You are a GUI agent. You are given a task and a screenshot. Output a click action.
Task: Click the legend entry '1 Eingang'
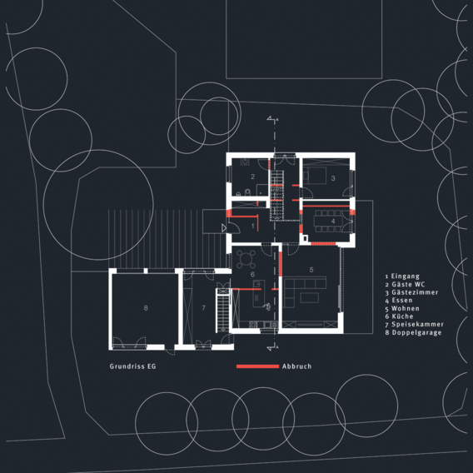click(x=403, y=276)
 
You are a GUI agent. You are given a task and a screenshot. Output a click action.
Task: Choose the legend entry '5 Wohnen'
click(x=403, y=309)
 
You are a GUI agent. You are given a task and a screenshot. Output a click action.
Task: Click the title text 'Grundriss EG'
click(x=132, y=366)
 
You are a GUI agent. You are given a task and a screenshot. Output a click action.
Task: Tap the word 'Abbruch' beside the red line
click(x=297, y=366)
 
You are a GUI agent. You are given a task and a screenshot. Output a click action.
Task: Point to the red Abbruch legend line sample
click(x=257, y=366)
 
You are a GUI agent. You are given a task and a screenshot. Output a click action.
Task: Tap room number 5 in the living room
click(x=311, y=270)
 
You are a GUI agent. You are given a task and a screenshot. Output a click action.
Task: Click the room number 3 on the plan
click(x=332, y=178)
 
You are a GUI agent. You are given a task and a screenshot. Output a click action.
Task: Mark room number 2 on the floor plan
click(x=251, y=177)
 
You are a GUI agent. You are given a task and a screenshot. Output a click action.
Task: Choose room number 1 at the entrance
click(x=252, y=226)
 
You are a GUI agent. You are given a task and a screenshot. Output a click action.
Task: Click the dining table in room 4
click(x=326, y=221)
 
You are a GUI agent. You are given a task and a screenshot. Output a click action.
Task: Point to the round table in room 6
click(x=247, y=256)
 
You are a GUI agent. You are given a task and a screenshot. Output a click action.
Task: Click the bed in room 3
click(x=317, y=177)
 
